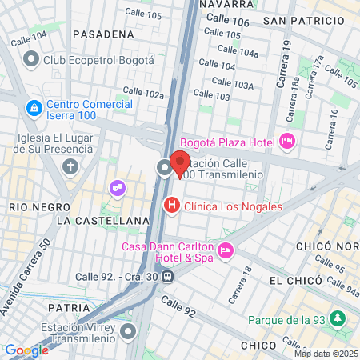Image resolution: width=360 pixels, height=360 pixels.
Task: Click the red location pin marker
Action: [180, 163]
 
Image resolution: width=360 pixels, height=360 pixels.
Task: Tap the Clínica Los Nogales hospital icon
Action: [170, 206]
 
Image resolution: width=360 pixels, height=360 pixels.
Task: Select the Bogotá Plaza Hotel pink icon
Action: [288, 142]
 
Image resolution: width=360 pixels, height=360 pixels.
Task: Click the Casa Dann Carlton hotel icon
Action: [226, 250]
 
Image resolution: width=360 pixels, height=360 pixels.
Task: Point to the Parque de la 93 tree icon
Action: [338, 318]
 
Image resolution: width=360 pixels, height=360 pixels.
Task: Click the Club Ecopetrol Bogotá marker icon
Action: [31, 58]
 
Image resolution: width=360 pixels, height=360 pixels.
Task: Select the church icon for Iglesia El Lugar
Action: [70, 166]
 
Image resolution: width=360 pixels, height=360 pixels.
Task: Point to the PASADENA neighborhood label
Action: [102, 34]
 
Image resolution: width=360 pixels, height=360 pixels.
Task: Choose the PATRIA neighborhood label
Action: [68, 306]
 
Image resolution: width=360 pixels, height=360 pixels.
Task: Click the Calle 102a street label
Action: [143, 93]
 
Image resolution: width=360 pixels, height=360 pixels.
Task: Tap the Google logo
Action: [26, 350]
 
